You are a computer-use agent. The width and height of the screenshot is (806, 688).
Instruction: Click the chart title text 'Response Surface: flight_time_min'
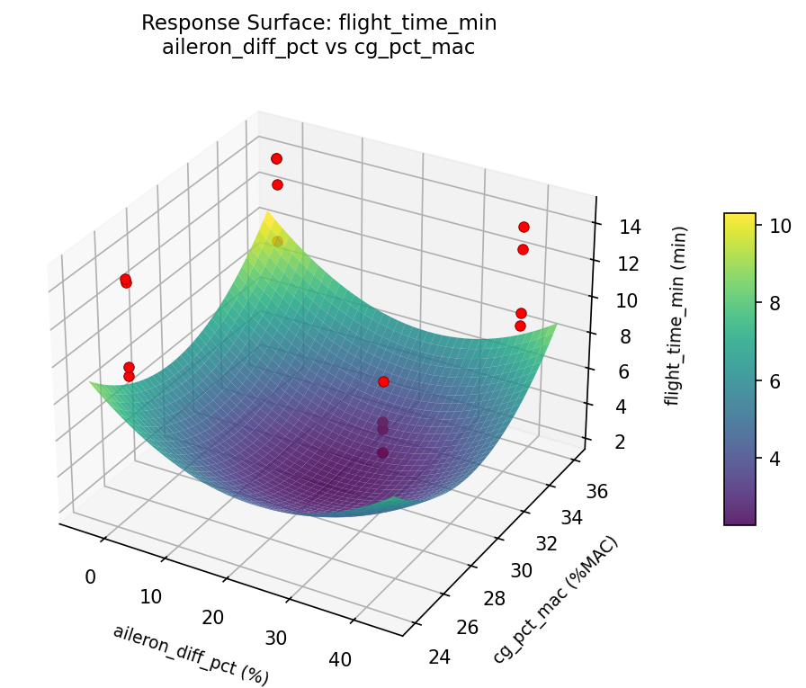[318, 23]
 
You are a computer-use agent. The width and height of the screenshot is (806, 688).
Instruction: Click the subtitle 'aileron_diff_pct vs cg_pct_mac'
[318, 48]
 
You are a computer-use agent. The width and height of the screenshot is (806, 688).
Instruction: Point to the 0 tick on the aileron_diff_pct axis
[90, 576]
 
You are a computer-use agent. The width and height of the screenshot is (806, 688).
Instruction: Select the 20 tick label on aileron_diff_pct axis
[212, 617]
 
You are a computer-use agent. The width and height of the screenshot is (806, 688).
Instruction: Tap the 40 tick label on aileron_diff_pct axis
[340, 659]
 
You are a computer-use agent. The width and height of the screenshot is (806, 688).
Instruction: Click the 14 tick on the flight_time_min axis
[630, 227]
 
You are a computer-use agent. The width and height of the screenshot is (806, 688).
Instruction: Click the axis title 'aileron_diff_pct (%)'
[191, 654]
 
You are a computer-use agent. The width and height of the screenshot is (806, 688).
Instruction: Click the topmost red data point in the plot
[276, 158]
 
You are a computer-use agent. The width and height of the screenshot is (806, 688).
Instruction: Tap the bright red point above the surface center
[383, 381]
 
